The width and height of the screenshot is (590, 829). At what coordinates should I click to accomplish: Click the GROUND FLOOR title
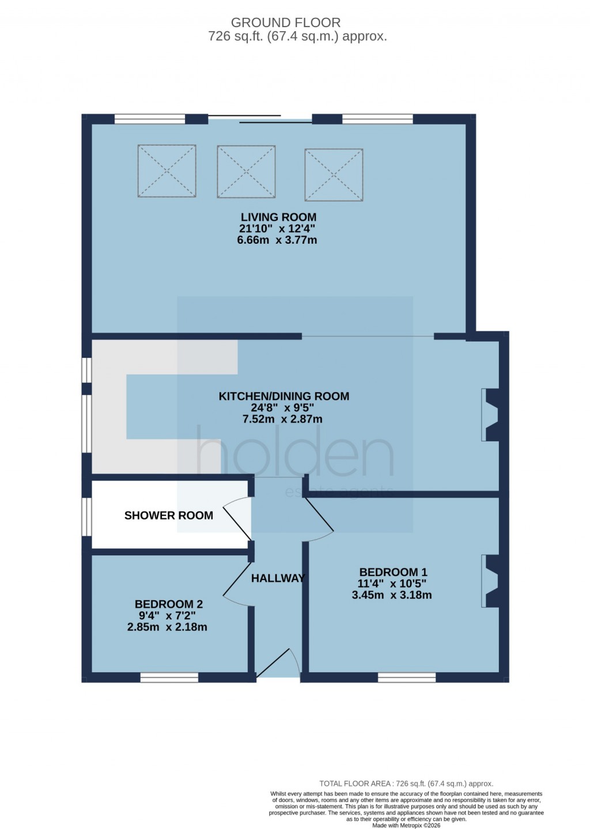(286, 22)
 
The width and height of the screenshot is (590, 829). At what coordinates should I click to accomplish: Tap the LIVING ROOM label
(278, 217)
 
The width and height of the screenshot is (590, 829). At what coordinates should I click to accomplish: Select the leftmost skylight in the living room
(167, 171)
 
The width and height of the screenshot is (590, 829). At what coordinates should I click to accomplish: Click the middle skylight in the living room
(246, 172)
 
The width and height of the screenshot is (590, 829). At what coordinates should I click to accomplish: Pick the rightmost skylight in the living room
(334, 175)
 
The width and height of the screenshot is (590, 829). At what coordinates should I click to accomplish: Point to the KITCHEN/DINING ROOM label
(283, 396)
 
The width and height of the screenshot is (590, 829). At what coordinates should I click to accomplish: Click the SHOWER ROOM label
(169, 516)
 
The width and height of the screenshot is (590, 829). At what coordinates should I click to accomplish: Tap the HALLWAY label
(278, 578)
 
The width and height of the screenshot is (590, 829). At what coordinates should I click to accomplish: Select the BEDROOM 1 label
(393, 572)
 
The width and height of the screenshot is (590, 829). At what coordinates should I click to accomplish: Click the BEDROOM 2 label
(168, 604)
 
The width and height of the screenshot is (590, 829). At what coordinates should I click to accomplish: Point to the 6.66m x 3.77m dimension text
(277, 240)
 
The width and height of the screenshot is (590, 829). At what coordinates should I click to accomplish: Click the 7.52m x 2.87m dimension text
(282, 419)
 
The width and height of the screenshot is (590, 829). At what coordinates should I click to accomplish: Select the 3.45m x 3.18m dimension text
(392, 595)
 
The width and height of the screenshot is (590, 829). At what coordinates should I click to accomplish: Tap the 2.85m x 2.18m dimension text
(167, 627)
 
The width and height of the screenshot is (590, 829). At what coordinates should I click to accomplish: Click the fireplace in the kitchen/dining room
(491, 415)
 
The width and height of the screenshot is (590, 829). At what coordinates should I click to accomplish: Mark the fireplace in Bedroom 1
(491, 581)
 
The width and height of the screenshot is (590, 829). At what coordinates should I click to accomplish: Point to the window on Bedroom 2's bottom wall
(169, 677)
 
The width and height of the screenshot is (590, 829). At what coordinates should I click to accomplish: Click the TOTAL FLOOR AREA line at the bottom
(406, 783)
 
